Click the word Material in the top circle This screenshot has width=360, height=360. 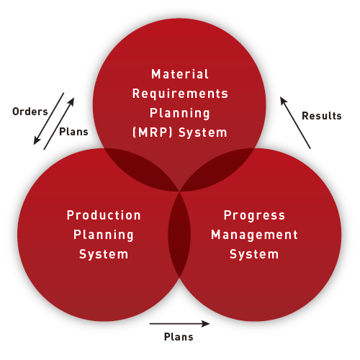[x=180, y=74]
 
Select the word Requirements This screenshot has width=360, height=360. [x=180, y=94]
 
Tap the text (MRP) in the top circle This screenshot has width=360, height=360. [x=153, y=132]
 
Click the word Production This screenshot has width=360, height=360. [x=104, y=215]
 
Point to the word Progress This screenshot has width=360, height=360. [x=254, y=215]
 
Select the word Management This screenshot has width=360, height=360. [x=254, y=235]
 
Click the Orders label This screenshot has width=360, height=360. [x=30, y=112]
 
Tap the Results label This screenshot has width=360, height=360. [x=322, y=116]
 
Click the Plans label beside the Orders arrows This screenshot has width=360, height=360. [x=73, y=132]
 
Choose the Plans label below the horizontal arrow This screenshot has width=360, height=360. [x=179, y=337]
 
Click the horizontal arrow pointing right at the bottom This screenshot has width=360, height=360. [x=179, y=324]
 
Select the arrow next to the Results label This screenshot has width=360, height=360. [x=295, y=122]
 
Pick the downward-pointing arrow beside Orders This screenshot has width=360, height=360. [x=49, y=119]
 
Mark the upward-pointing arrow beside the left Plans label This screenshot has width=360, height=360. [x=59, y=124]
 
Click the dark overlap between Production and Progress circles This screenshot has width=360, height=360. [x=179, y=235]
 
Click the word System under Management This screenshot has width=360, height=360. [x=254, y=254]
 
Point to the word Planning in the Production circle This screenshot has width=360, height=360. [x=104, y=235]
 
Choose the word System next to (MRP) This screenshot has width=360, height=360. [x=203, y=132]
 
